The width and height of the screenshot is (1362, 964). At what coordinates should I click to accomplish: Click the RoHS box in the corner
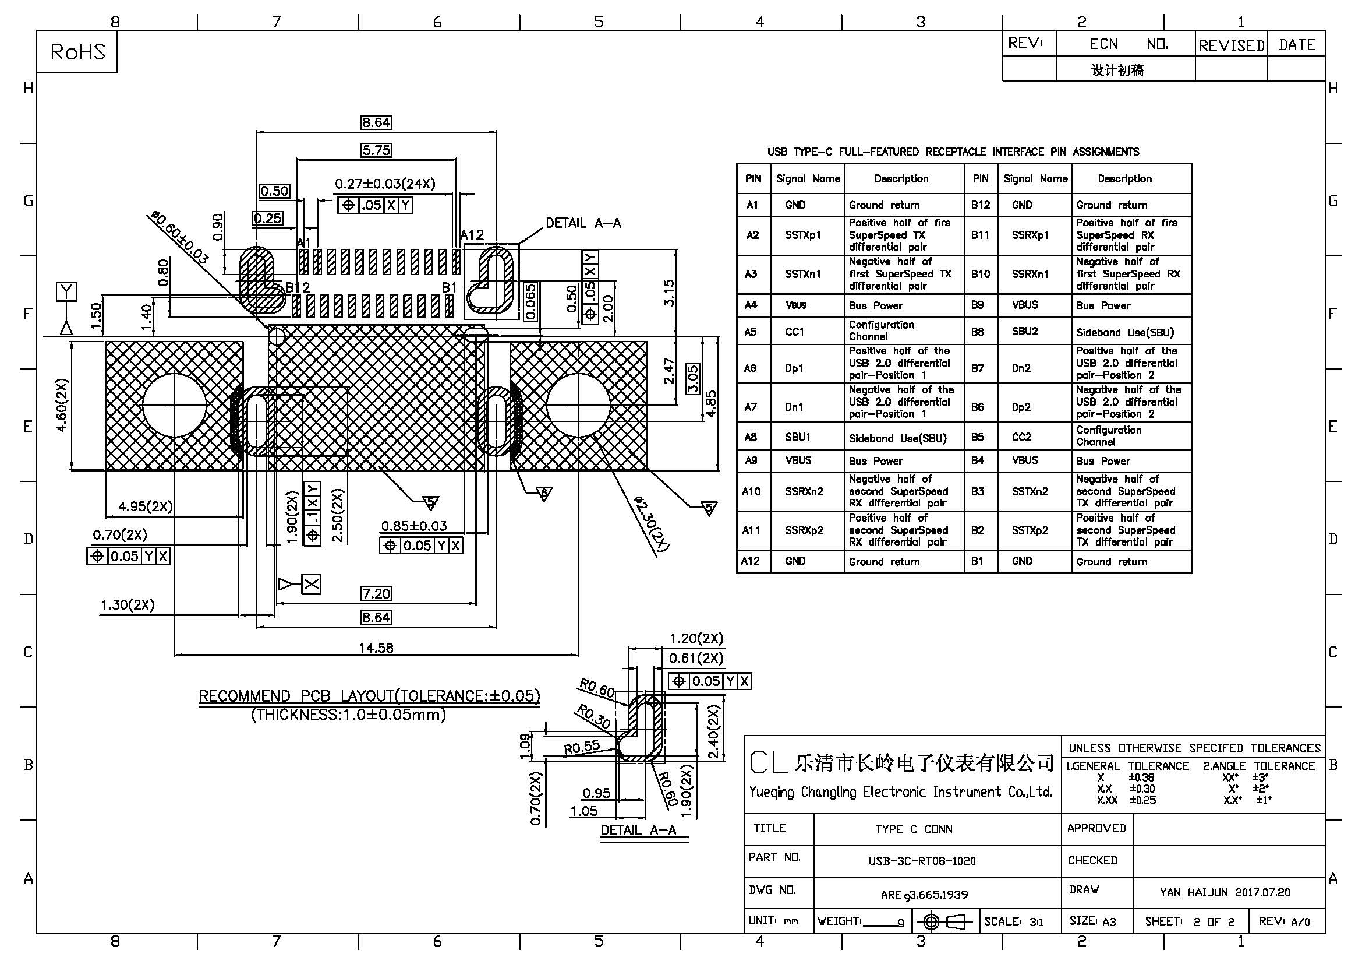click(x=76, y=52)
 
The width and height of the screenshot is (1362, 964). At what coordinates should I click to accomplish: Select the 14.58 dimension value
click(x=376, y=648)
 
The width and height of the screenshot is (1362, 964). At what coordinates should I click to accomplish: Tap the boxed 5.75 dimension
click(x=376, y=150)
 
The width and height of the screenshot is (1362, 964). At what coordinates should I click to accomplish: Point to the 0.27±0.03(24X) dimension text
click(x=385, y=184)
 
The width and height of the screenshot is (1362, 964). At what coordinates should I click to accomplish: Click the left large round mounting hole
click(x=175, y=405)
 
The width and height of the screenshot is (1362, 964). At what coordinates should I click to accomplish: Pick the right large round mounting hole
click(x=578, y=405)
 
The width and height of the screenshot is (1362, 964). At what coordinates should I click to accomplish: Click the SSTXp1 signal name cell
click(x=802, y=235)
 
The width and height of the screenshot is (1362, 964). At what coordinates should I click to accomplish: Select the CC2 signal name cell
click(x=1021, y=437)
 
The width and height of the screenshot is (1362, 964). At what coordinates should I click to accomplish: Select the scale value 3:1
click(x=1036, y=922)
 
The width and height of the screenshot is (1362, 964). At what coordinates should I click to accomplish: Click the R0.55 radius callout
click(x=582, y=747)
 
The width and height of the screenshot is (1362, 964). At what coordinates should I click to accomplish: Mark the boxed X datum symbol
click(x=312, y=585)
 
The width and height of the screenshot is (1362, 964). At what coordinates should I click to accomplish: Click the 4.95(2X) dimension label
click(x=146, y=506)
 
